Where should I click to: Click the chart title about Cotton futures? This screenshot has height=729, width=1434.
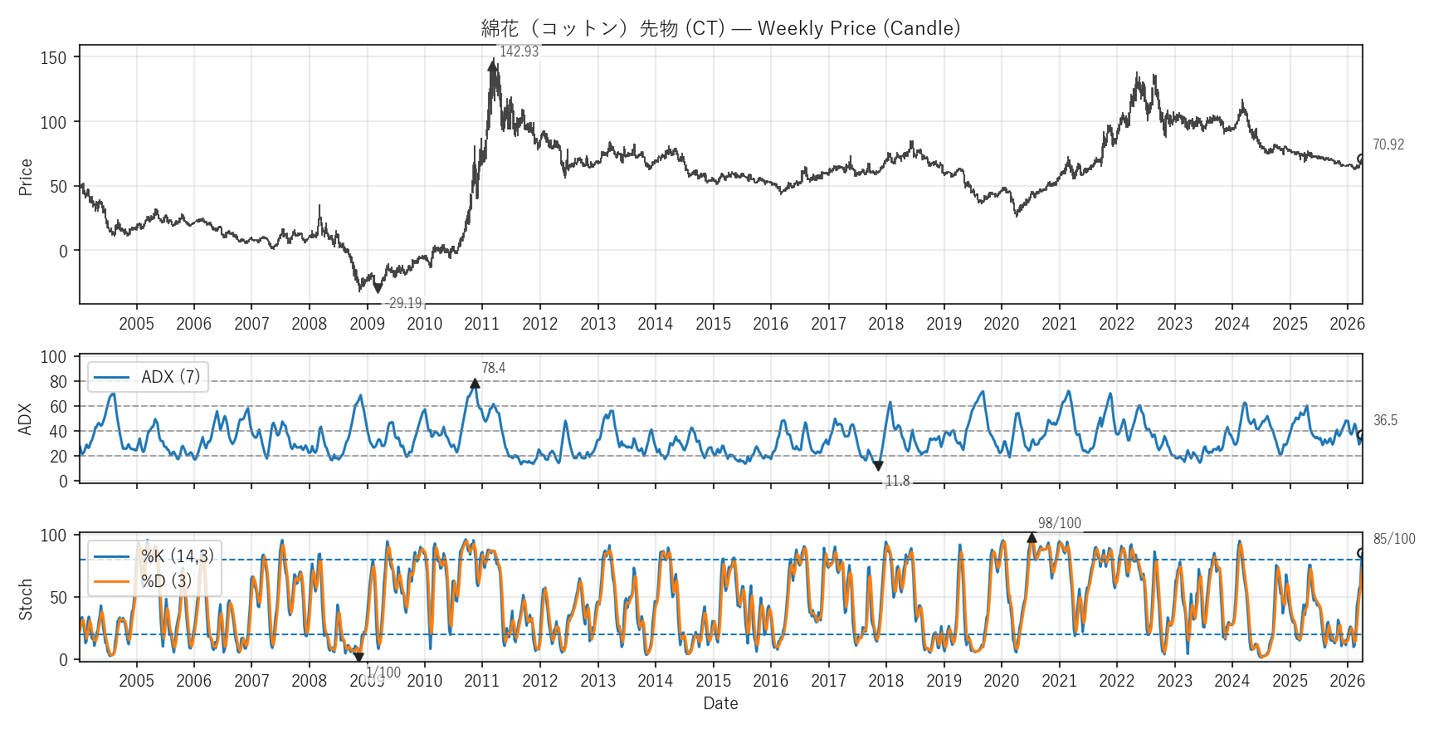tap(720, 28)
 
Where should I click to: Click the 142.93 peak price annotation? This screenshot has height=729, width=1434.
tap(519, 51)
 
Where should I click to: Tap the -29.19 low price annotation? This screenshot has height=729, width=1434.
tap(404, 303)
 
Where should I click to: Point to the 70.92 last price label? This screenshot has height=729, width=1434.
tap(1388, 144)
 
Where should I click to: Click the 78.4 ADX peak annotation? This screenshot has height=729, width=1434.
tap(493, 368)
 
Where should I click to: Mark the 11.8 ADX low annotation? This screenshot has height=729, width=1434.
tap(897, 481)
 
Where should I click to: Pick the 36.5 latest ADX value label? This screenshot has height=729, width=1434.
tap(1385, 420)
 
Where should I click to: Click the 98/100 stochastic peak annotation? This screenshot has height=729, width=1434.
tap(1059, 523)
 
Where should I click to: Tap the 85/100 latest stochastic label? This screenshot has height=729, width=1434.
tap(1393, 539)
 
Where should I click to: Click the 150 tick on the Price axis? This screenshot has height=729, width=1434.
tap(53, 57)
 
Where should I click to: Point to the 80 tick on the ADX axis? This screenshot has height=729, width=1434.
tap(58, 382)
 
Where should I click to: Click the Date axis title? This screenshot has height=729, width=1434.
tap(720, 703)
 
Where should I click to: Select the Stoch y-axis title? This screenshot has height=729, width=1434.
tap(26, 599)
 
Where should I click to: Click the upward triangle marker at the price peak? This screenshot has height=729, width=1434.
tap(493, 65)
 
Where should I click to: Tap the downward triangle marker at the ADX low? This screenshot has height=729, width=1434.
tap(878, 466)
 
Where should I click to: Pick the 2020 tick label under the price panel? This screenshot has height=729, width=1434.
tap(1001, 324)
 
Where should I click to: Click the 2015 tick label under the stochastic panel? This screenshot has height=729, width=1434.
tap(713, 681)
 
